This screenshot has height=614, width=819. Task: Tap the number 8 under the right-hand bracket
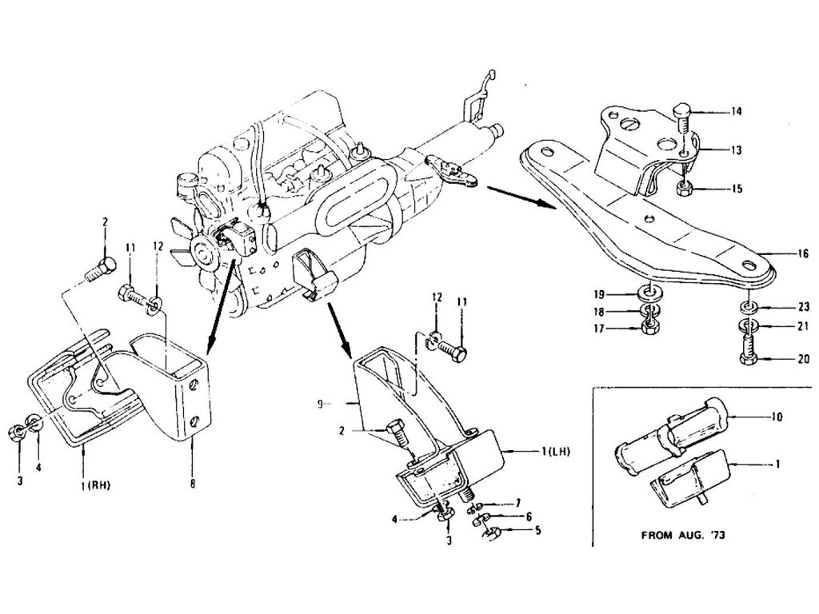coord(192,482)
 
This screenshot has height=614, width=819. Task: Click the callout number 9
coord(320,405)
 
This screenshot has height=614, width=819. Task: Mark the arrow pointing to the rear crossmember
coord(520,197)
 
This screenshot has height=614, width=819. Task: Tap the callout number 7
coord(517,503)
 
